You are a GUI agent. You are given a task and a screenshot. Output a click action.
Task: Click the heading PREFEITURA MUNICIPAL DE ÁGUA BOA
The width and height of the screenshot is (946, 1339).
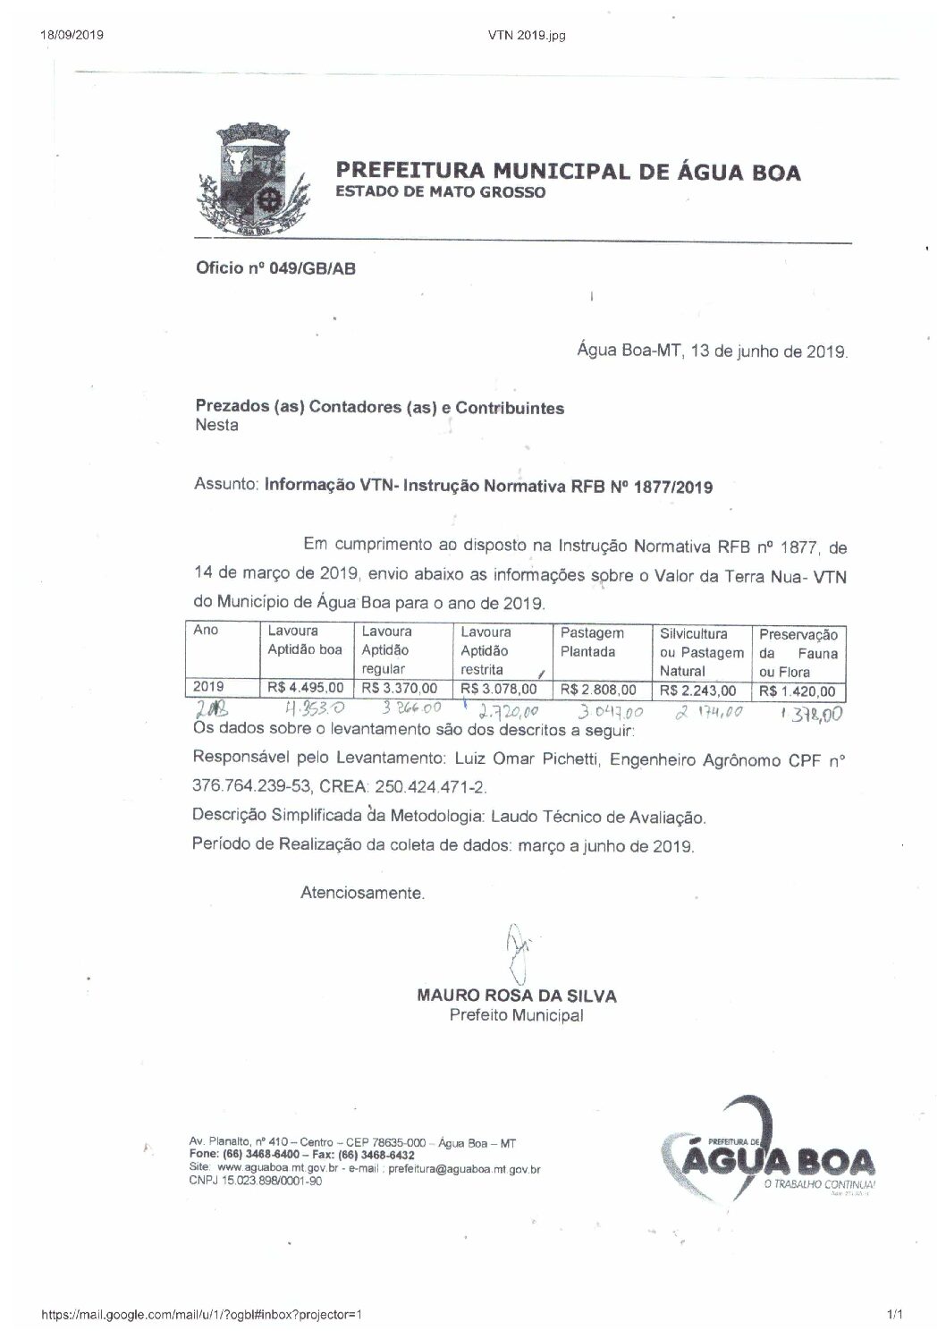568,172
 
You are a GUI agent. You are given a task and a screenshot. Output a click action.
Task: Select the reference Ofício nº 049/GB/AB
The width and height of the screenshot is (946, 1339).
275,267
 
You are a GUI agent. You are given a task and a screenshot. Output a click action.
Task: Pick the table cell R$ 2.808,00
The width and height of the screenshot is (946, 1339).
598,690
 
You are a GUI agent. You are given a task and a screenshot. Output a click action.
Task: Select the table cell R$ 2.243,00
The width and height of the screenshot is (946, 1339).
697,691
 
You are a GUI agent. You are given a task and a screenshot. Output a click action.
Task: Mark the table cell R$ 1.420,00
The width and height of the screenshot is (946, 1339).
797,691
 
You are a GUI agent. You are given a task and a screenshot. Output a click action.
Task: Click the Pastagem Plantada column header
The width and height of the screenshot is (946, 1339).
592,642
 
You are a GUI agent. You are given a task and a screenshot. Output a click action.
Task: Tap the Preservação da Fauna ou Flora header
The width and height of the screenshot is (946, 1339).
798,653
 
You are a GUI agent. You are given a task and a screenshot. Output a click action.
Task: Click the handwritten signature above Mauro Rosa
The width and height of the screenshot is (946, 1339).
516,951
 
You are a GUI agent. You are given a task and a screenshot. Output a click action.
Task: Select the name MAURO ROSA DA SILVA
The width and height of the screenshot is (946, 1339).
517,996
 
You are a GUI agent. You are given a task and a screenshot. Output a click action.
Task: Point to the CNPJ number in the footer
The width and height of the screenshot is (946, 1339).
257,1181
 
